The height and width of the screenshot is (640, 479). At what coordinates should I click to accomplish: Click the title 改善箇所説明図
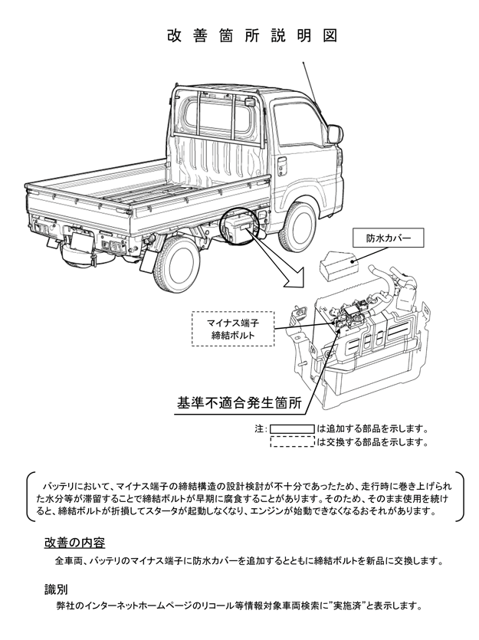[252, 36]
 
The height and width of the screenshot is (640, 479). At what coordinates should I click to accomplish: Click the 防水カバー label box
[388, 238]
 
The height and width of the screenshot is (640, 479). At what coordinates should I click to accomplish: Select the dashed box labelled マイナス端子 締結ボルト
[233, 329]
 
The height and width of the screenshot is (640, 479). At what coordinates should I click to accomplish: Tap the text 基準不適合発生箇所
[239, 403]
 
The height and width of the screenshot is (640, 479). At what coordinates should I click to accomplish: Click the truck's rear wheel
[174, 264]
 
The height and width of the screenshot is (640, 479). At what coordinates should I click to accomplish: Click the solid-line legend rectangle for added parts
[292, 429]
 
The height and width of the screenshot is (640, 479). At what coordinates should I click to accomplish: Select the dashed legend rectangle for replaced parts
[292, 441]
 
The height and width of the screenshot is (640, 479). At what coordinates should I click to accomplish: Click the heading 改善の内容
[74, 543]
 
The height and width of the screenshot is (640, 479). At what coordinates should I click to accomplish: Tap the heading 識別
[56, 589]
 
